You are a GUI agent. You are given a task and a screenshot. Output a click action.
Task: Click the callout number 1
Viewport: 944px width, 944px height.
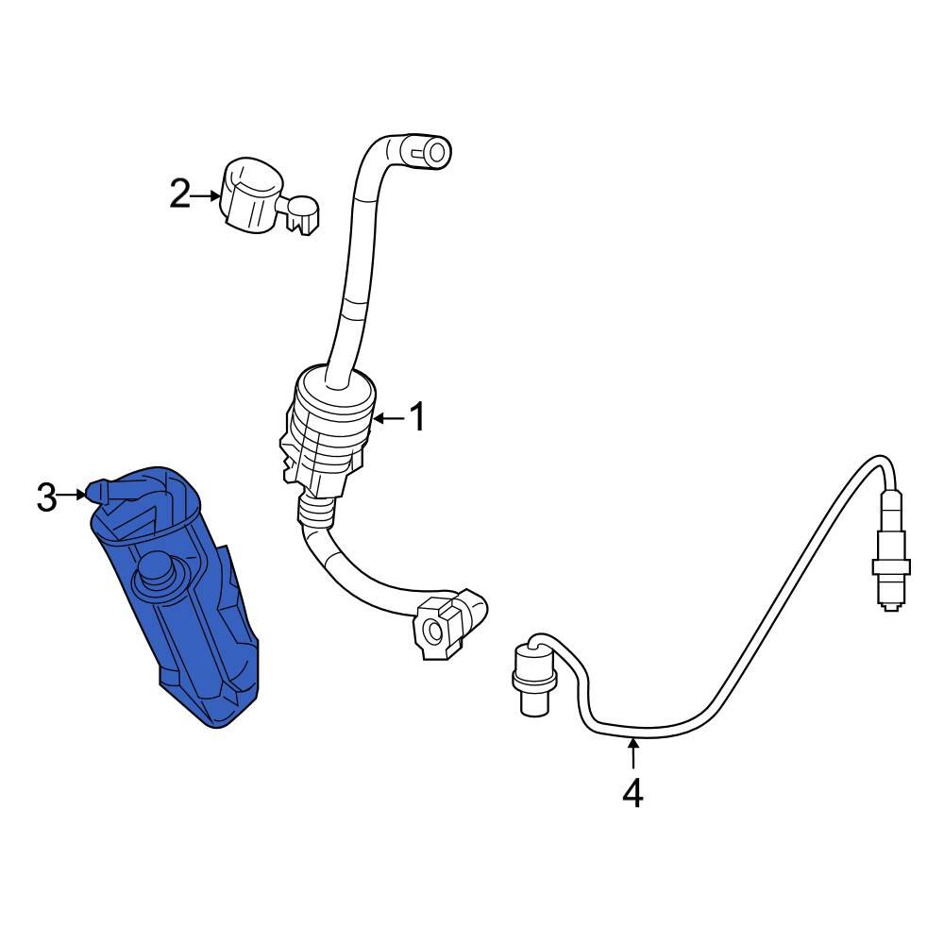pyautogui.click(x=416, y=416)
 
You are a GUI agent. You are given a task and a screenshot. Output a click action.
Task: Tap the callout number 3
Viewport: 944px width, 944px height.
pyautogui.click(x=47, y=497)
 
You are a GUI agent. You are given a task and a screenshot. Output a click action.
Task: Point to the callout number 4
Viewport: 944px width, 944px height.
pyautogui.click(x=632, y=792)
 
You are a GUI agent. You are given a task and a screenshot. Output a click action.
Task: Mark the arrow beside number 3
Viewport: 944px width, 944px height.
pyautogui.click(x=74, y=494)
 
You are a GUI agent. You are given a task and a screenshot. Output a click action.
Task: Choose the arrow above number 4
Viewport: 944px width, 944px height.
pyautogui.click(x=632, y=755)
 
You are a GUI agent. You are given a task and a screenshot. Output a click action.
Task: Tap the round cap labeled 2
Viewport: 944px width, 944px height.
pyautogui.click(x=250, y=194)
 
